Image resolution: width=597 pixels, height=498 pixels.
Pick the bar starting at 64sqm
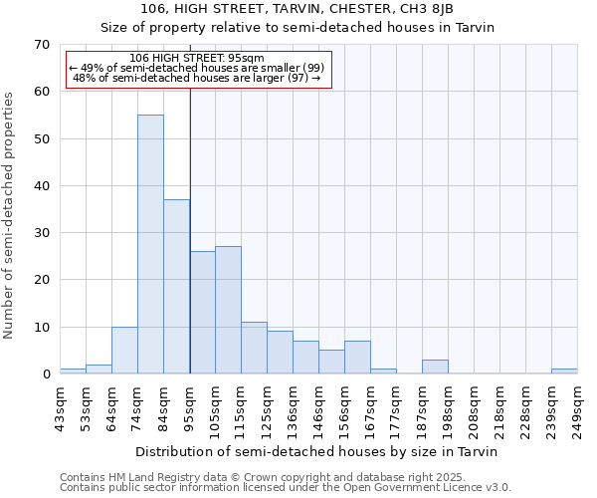(x=124, y=351)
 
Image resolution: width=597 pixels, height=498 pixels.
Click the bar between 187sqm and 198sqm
(x=435, y=367)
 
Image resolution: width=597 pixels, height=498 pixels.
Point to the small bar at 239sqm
(x=564, y=372)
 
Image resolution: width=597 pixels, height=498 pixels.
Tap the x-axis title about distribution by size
(x=315, y=451)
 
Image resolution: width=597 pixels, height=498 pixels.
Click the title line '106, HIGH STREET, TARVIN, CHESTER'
(x=298, y=9)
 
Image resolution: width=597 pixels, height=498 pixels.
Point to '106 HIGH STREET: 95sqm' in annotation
(x=197, y=58)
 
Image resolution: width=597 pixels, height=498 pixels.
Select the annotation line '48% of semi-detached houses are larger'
(x=197, y=78)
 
